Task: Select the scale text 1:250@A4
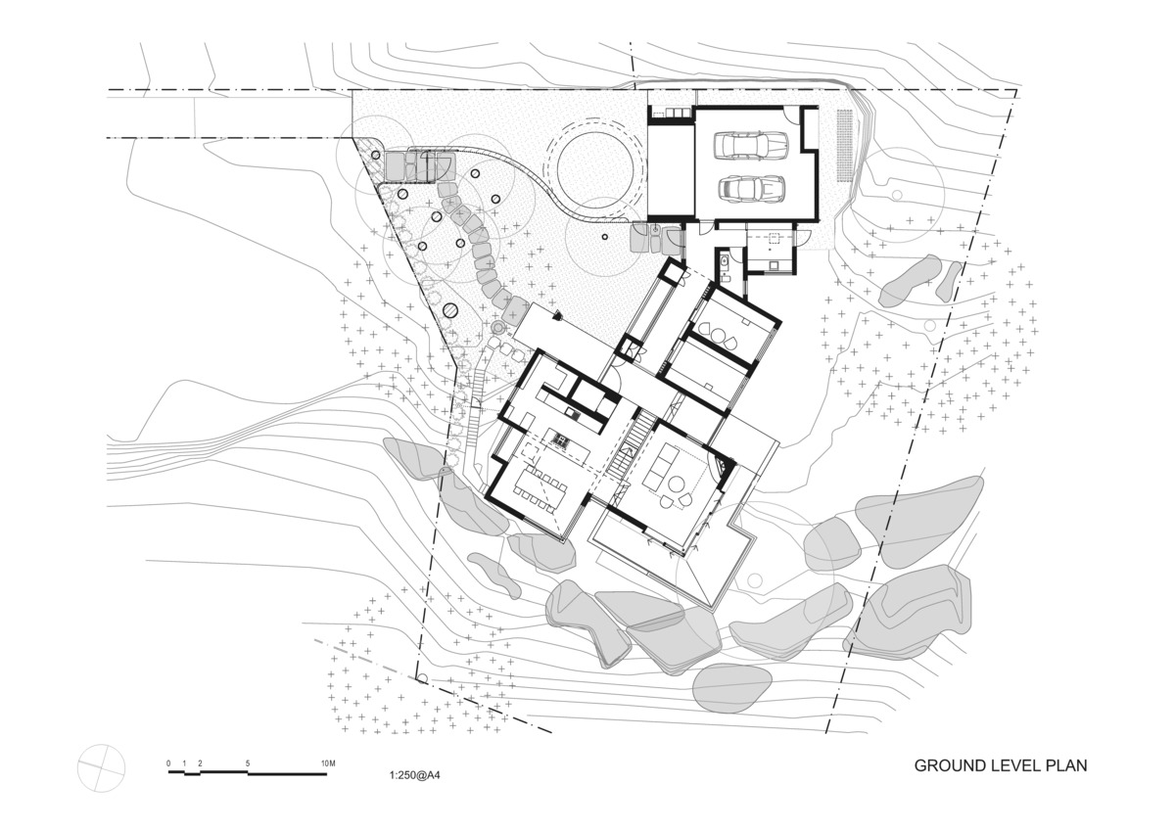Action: [x=414, y=775]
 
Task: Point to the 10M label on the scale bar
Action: [x=328, y=763]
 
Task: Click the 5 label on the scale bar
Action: [x=248, y=763]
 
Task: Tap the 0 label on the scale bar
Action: [x=168, y=763]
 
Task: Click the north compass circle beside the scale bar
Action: [x=101, y=767]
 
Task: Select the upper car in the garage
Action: [x=751, y=145]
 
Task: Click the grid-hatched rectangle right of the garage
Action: [x=845, y=146]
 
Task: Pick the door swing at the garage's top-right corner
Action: [x=789, y=115]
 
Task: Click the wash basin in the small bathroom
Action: [x=724, y=260]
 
